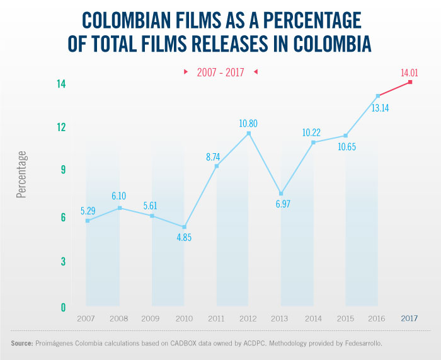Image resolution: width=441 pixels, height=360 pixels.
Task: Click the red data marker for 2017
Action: point(410,82)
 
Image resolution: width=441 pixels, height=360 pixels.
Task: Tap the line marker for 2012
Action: point(249,134)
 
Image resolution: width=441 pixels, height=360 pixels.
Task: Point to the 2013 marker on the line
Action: point(281,194)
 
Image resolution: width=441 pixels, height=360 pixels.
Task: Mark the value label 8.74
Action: point(215,156)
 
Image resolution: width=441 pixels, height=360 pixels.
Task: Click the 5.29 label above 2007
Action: point(88,210)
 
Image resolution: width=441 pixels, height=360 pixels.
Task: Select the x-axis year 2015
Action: point(345,319)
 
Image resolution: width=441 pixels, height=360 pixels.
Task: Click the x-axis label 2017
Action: point(410,319)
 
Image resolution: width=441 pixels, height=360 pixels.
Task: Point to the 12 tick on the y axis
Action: point(43,127)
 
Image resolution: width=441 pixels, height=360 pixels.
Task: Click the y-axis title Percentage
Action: point(22,175)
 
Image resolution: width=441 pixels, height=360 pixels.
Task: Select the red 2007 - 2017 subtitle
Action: point(220,73)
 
